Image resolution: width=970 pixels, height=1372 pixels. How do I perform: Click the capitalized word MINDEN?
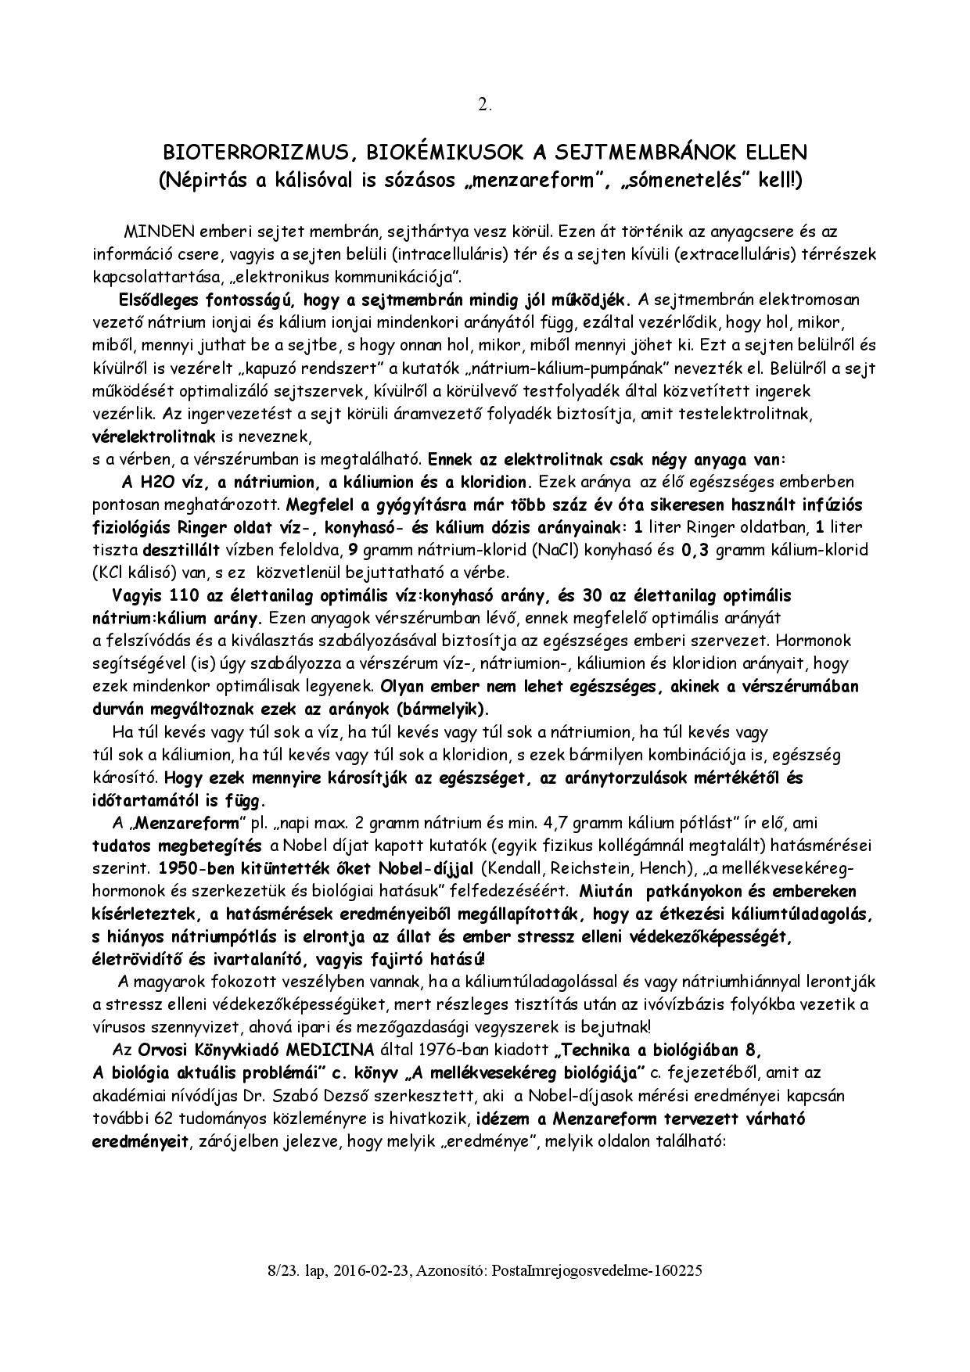(155, 232)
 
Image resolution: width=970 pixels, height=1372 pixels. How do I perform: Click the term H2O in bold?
(142, 481)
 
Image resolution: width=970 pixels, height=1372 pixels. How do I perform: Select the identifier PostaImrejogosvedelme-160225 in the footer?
(597, 1271)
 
